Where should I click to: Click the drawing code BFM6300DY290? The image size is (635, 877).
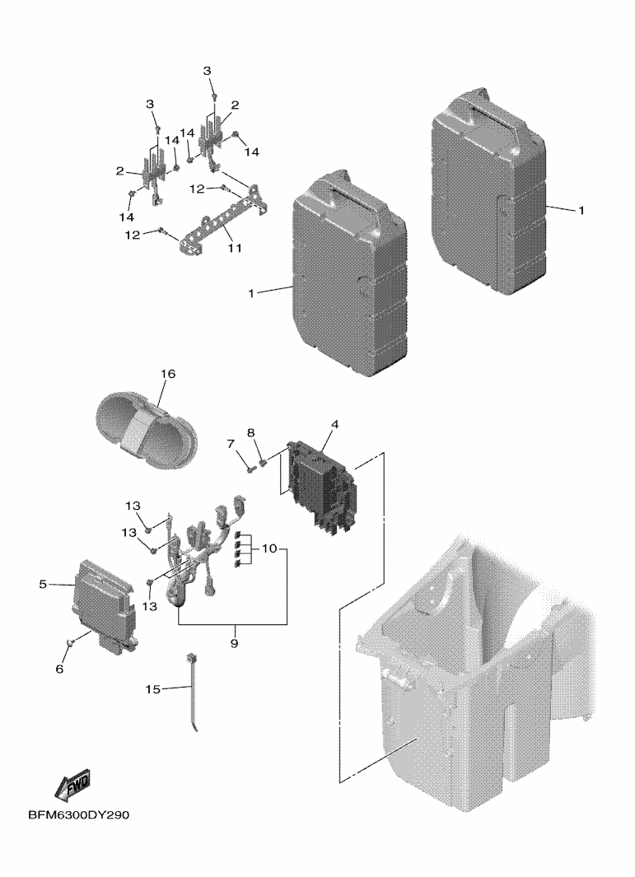click(78, 815)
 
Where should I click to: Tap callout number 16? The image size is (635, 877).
click(167, 374)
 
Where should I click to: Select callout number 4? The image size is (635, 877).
click(335, 425)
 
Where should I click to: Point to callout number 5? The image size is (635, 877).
click(43, 584)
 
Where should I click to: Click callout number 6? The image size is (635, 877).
click(59, 669)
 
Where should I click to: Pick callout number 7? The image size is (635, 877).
click(231, 444)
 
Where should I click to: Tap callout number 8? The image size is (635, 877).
click(251, 432)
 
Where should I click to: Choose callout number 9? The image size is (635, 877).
click(234, 642)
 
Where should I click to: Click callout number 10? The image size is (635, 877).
click(270, 548)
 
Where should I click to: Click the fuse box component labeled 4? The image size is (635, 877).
click(320, 486)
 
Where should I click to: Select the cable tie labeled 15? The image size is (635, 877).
click(196, 692)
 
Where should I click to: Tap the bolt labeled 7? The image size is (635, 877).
click(246, 469)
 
